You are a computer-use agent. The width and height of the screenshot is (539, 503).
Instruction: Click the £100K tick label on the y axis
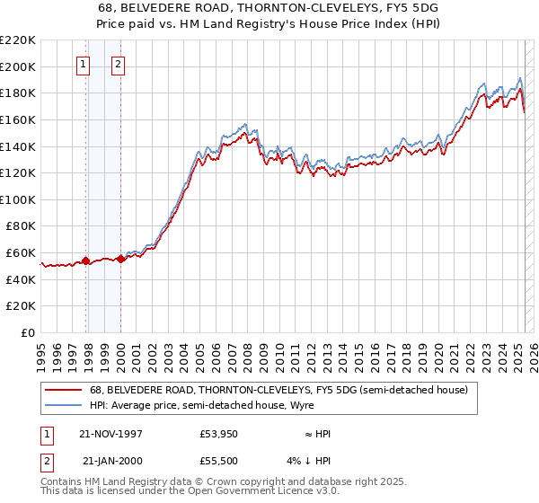[x=18, y=199]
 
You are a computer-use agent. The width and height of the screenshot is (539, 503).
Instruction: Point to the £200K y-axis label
[x=18, y=66]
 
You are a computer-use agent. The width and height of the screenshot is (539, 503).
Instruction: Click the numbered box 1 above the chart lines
[x=83, y=64]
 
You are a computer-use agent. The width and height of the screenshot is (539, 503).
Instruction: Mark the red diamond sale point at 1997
[x=86, y=260]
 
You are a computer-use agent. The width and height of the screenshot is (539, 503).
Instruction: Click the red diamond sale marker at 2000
[x=120, y=259]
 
